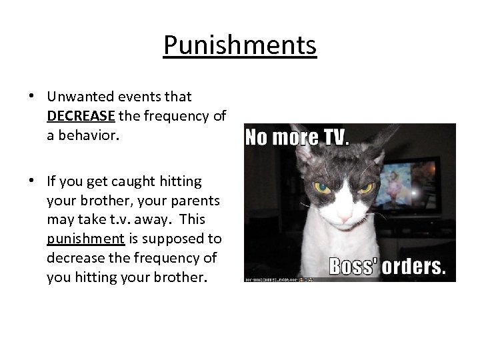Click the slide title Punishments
tap(240, 45)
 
